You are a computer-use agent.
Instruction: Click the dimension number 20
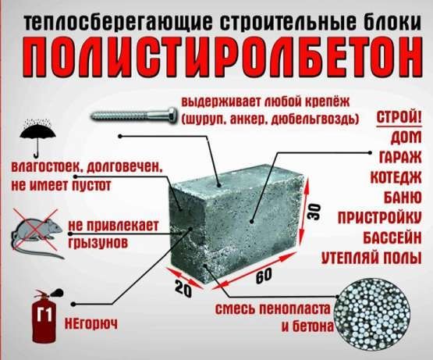click(x=182, y=287)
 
